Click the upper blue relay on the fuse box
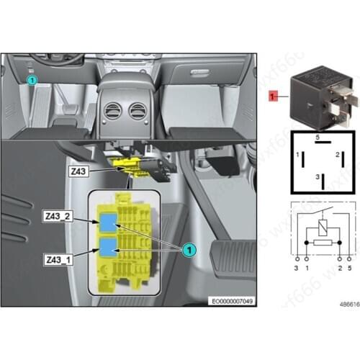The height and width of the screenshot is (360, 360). [108, 222]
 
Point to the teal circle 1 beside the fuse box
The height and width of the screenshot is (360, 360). [188, 249]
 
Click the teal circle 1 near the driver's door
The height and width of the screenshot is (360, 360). [32, 81]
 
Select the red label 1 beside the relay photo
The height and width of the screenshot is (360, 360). [273, 96]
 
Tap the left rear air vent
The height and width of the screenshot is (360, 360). [113, 112]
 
